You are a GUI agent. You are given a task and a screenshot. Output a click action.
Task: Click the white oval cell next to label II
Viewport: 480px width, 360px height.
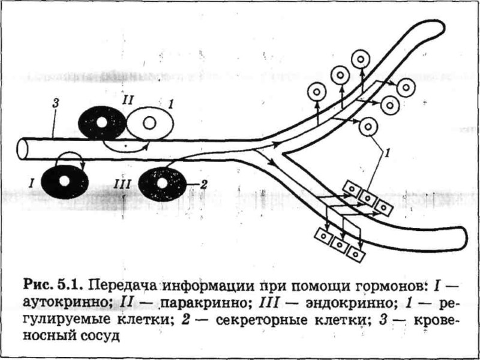click(x=150, y=123)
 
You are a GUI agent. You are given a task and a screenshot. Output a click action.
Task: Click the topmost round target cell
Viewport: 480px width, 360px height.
click(x=361, y=59)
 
